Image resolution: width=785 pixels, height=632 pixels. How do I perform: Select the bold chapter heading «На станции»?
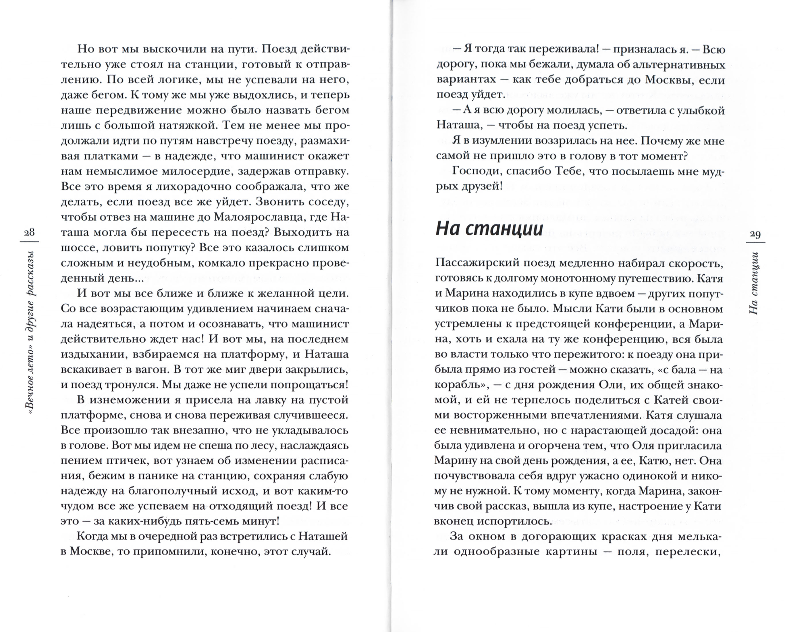[489, 229]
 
